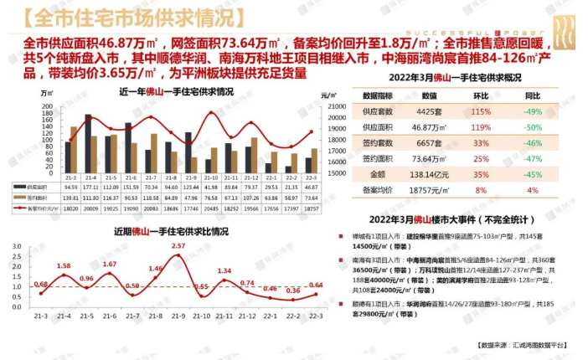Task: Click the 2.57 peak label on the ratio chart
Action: [x=178, y=246]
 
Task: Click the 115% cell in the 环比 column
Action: [x=481, y=111]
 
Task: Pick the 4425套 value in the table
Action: [x=425, y=111]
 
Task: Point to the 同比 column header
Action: [x=532, y=96]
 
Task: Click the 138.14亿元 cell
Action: [x=425, y=175]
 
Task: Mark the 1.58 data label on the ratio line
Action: [x=64, y=266]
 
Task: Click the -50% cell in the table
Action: [x=532, y=127]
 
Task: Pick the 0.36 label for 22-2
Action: [x=293, y=291]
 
